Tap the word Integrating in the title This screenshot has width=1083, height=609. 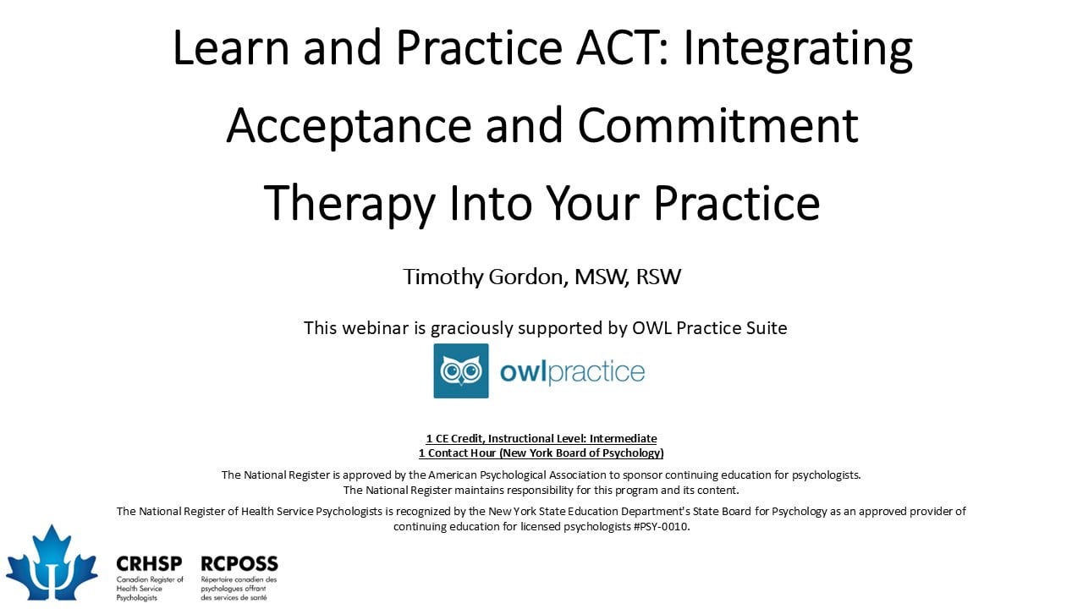[x=798, y=50]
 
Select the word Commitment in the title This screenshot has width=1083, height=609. [x=718, y=125]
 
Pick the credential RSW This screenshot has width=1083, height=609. [x=658, y=277]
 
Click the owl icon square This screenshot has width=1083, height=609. [x=461, y=370]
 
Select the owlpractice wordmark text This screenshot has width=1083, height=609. [x=573, y=371]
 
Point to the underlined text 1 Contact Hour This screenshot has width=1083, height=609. [x=458, y=453]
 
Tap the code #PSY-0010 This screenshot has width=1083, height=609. [x=661, y=526]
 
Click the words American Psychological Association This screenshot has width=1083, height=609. [x=517, y=475]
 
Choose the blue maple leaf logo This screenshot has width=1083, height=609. [x=52, y=563]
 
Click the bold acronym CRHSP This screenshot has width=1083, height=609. [x=150, y=563]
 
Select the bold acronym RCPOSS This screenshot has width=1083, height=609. [x=239, y=563]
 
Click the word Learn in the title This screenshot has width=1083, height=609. [x=231, y=47]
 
